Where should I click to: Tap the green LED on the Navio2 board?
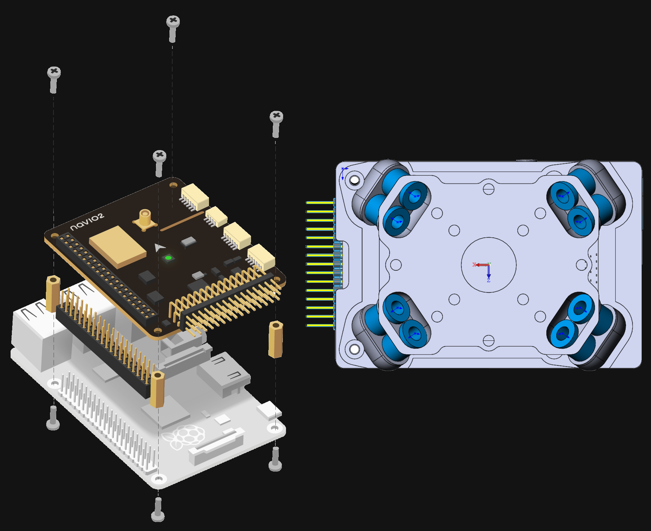click(x=168, y=258)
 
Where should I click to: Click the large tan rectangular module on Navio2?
click(x=117, y=246)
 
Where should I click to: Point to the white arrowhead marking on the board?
click(x=159, y=248)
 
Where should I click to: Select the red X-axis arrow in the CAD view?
click(x=482, y=265)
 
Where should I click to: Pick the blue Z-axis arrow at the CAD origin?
click(x=489, y=272)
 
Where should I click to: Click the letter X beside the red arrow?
click(x=474, y=265)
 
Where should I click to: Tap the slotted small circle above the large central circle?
click(x=489, y=189)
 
